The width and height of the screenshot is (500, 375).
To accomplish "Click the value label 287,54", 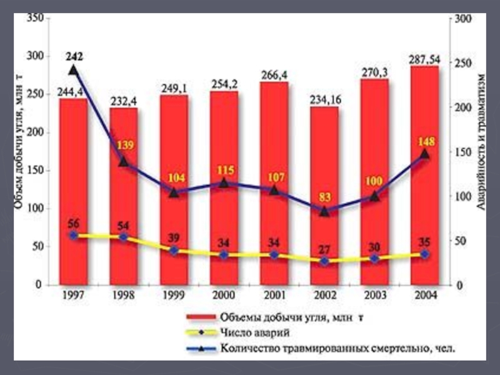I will tap(424, 59).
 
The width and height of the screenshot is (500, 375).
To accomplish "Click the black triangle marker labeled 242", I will tap(73, 70).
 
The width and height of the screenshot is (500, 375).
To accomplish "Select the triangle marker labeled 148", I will tap(424, 154).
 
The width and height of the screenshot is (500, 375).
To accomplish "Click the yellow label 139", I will tap(124, 146).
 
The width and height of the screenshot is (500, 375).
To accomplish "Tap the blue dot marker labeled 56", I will tap(73, 236).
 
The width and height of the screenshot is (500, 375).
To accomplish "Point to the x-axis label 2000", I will tap(223, 295).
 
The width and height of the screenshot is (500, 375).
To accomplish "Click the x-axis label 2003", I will tap(374, 295).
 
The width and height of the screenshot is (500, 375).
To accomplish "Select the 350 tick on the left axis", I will tap(34, 19).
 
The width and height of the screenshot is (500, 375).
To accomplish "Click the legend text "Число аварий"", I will tap(251, 332).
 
